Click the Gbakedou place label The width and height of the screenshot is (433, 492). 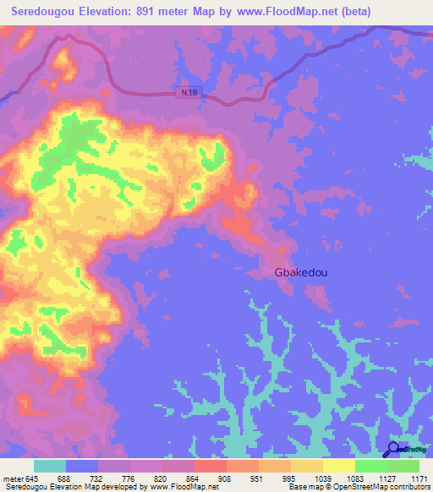click(300, 272)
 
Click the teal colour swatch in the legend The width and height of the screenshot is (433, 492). click(50, 467)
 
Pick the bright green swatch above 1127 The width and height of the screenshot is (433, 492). click(371, 467)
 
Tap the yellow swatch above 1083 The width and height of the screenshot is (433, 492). click(339, 467)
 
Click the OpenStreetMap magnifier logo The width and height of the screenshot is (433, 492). click(394, 451)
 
